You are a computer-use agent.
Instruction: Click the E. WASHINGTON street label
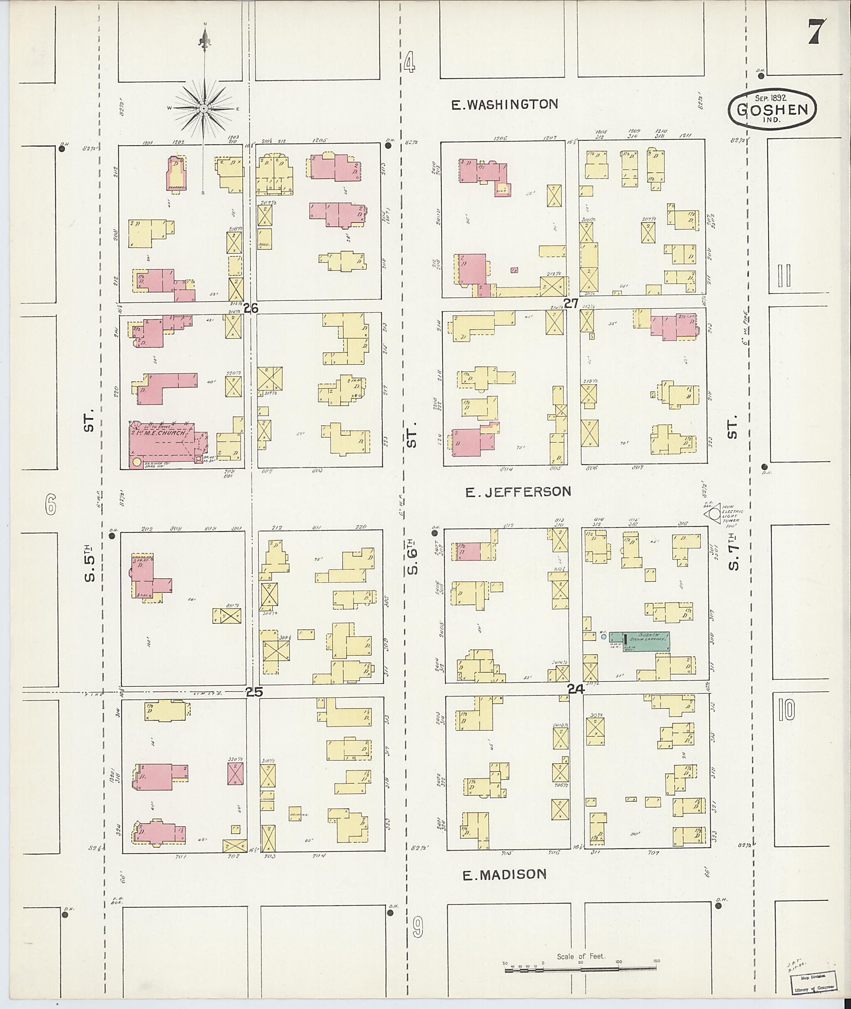coord(504,104)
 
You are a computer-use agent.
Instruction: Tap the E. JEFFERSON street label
coord(518,491)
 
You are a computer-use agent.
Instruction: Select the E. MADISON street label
coord(504,874)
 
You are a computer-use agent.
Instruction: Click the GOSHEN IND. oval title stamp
coord(772,110)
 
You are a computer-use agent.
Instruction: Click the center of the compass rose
coord(204,109)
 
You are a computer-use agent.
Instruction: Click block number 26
coord(251,308)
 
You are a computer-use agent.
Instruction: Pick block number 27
coord(571,303)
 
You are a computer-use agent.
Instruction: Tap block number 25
coord(254,692)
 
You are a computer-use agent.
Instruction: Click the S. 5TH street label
coord(89,563)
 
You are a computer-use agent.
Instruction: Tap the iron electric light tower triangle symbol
coord(711,515)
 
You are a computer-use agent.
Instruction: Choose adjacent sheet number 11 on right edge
coord(784,275)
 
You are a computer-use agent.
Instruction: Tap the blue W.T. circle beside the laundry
coord(603,637)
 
